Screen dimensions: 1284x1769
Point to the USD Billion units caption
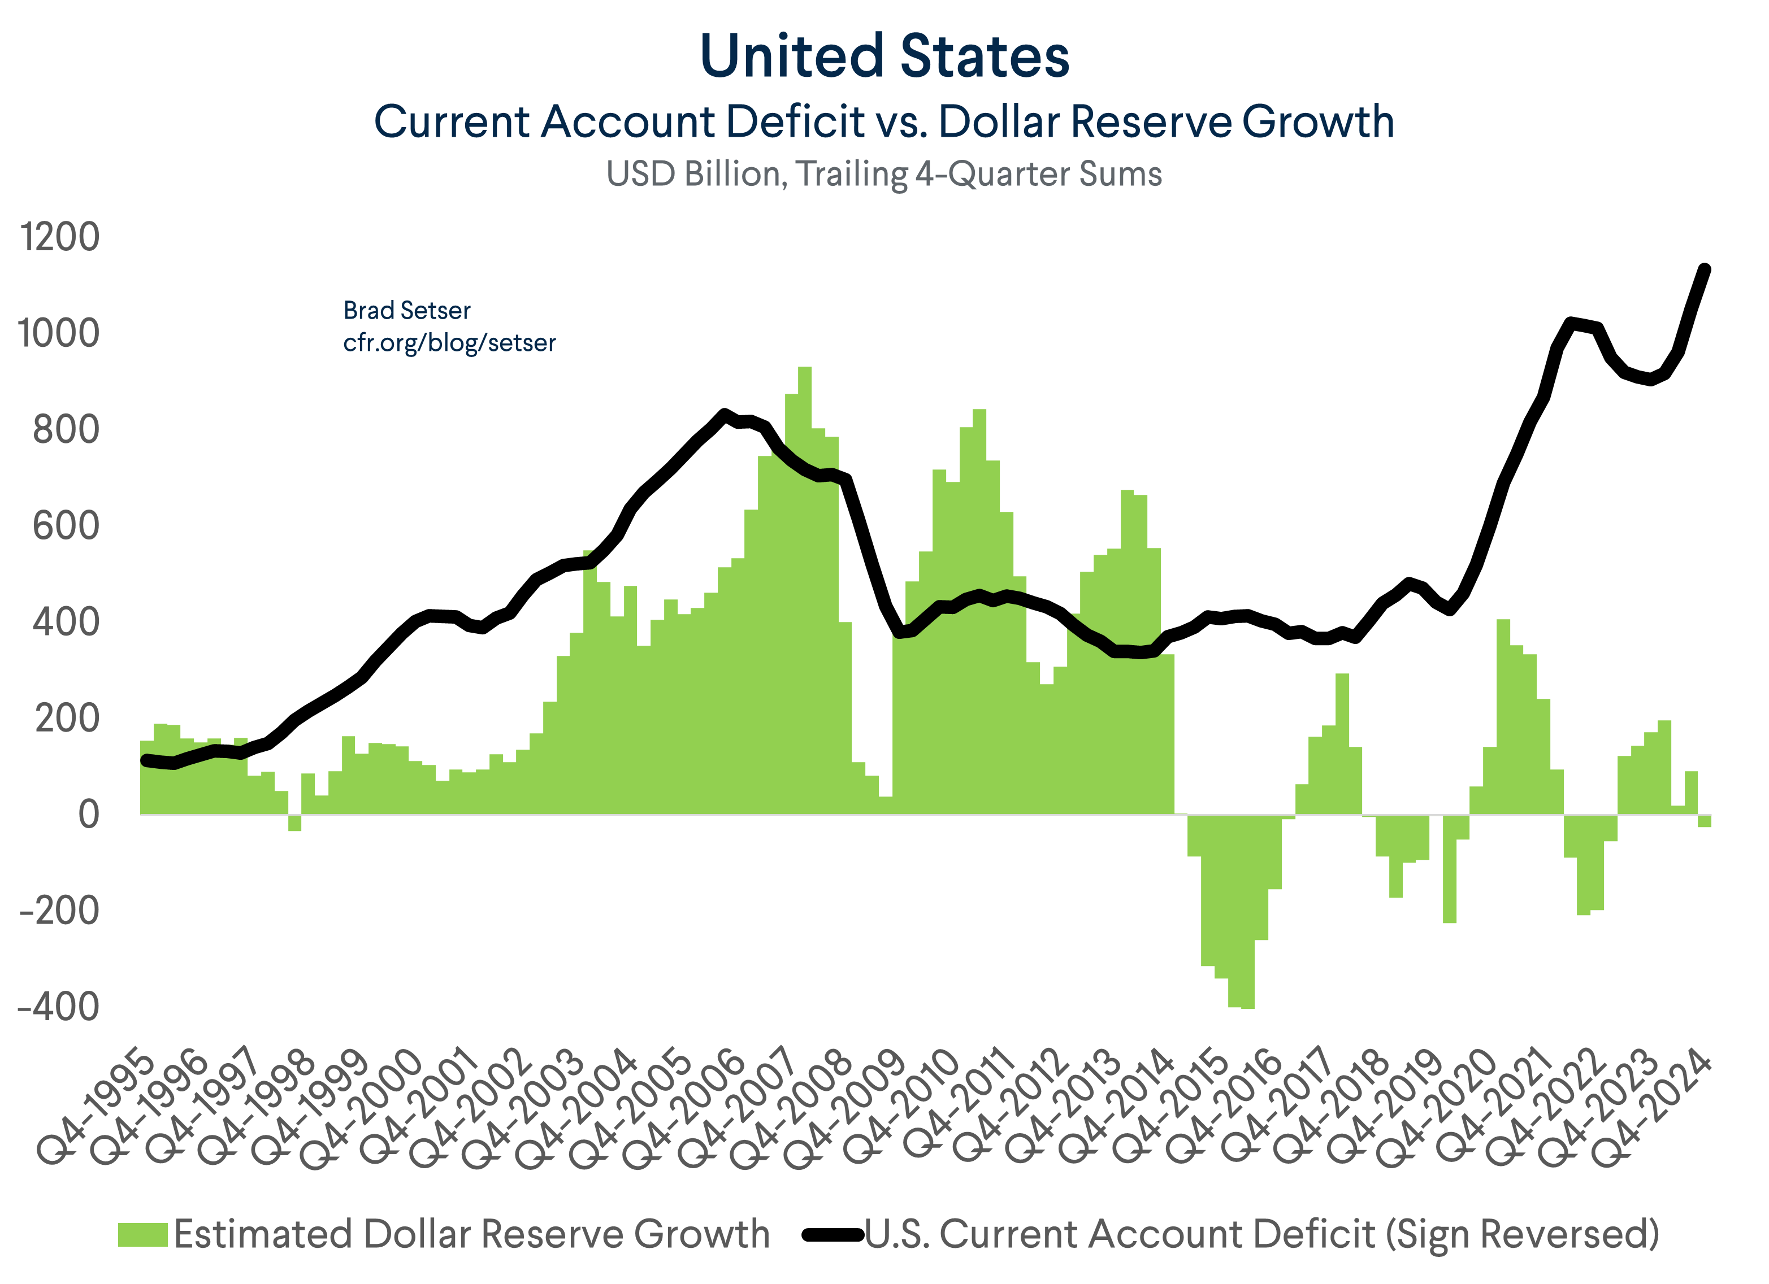click(884, 174)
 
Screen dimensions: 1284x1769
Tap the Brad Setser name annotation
click(406, 310)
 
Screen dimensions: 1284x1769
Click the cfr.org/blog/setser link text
click(449, 342)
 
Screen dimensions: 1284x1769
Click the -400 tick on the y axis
click(59, 1007)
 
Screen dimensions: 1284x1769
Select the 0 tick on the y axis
click(88, 814)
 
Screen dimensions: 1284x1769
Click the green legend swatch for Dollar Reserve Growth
click(143, 1234)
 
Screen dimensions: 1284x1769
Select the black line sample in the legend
click(833, 1234)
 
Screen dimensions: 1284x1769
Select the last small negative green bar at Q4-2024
click(1705, 820)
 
